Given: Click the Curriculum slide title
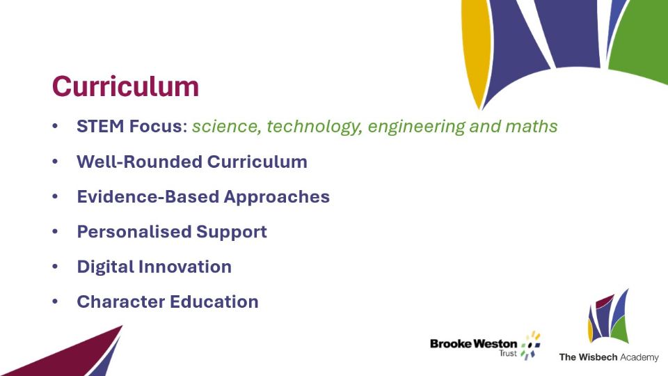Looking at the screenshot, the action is pyautogui.click(x=125, y=86).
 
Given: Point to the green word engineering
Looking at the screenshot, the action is pyautogui.click(x=417, y=127).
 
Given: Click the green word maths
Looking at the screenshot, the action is pyautogui.click(x=531, y=127).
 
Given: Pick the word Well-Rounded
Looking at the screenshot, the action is pyautogui.click(x=139, y=162).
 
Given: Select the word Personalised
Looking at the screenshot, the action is pyautogui.click(x=134, y=232).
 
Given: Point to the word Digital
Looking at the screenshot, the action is pyautogui.click(x=107, y=267).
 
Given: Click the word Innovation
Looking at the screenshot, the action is pyautogui.click(x=186, y=267).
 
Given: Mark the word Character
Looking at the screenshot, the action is pyautogui.click(x=121, y=301).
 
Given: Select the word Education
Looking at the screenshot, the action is pyautogui.click(x=214, y=301).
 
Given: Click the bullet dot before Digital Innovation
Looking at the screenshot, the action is pyautogui.click(x=55, y=267).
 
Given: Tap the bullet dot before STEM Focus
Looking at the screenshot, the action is pyautogui.click(x=55, y=126).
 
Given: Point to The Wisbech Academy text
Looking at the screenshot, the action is pyautogui.click(x=609, y=357).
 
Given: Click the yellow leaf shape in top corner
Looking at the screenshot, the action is pyautogui.click(x=475, y=49).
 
